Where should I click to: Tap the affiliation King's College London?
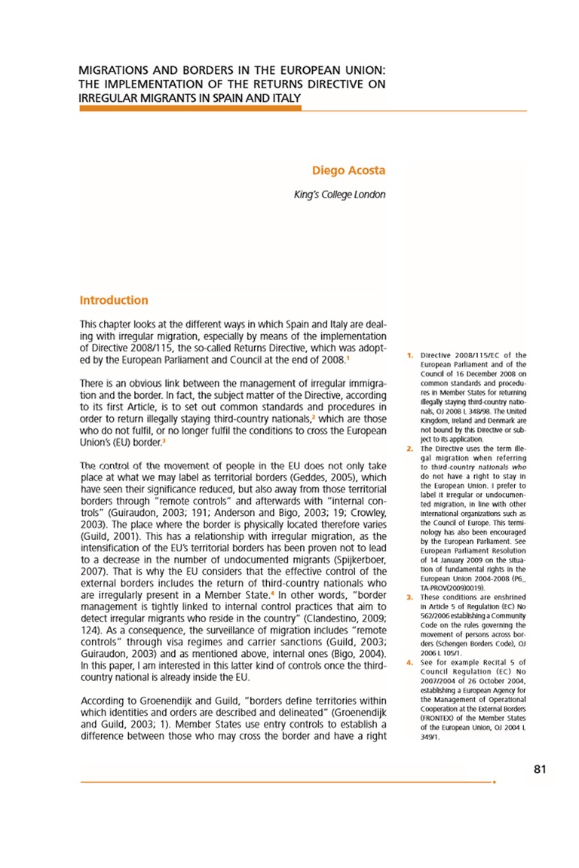pyautogui.click(x=339, y=195)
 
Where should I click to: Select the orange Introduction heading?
pyautogui.click(x=114, y=300)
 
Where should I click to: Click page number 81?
pyautogui.click(x=539, y=769)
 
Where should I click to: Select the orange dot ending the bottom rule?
pyautogui.click(x=495, y=783)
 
